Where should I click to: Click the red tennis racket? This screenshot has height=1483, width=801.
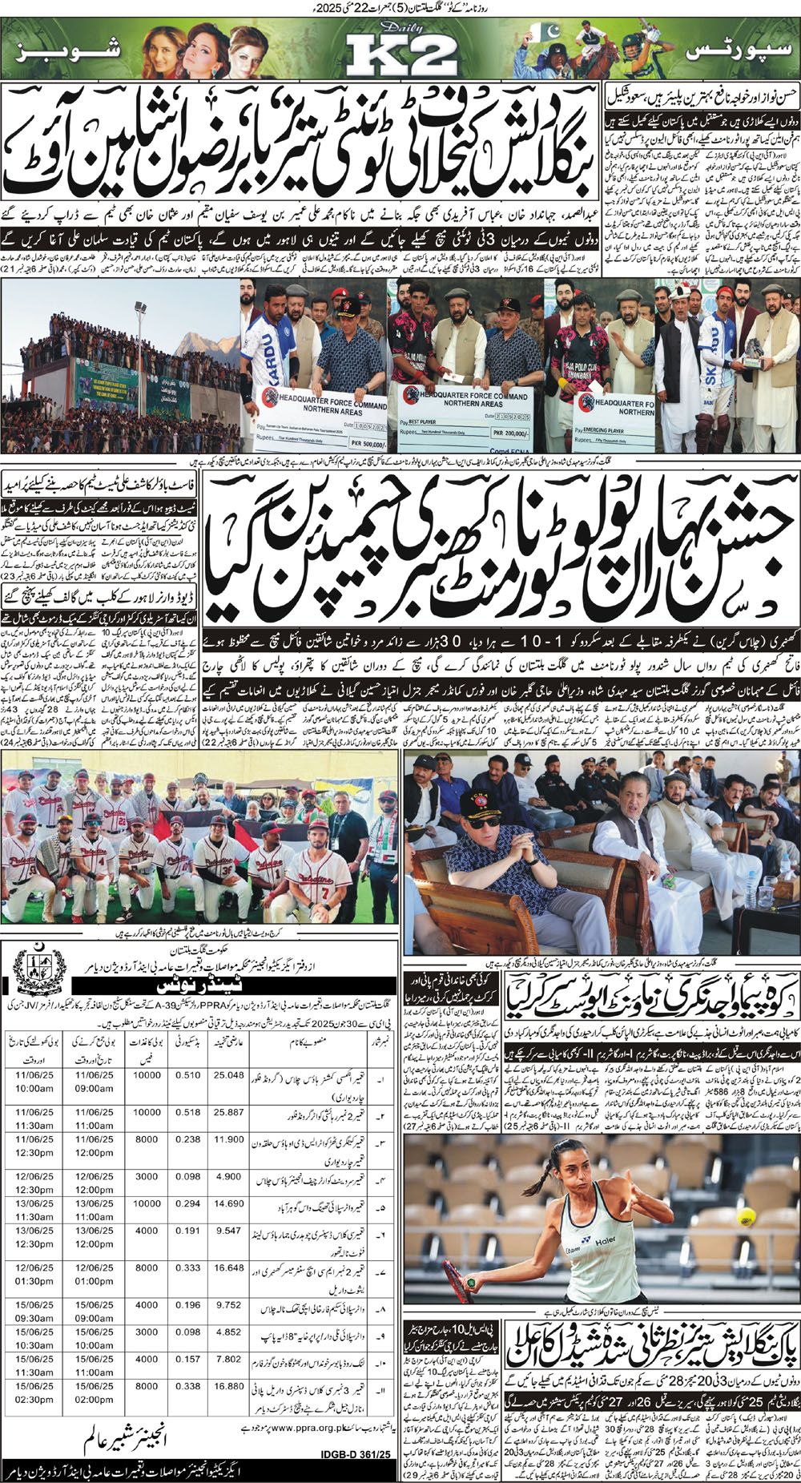459,1279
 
